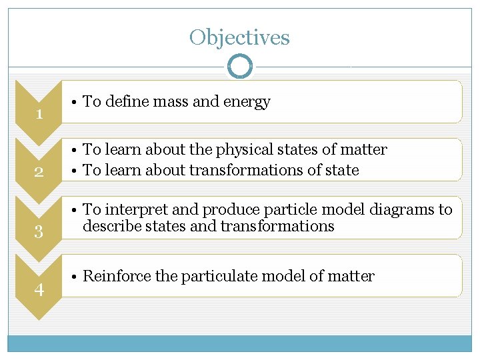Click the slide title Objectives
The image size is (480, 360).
[x=239, y=37]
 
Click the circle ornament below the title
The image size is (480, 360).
[x=240, y=67]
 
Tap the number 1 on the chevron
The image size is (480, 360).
[x=39, y=114]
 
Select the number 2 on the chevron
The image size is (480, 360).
[x=39, y=173]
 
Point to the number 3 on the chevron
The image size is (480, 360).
[x=39, y=232]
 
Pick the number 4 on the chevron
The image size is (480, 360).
[x=39, y=290]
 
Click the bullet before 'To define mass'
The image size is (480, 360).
[x=74, y=102]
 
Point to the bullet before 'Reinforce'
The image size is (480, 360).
[x=74, y=276]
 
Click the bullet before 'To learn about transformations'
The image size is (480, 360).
[x=74, y=170]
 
